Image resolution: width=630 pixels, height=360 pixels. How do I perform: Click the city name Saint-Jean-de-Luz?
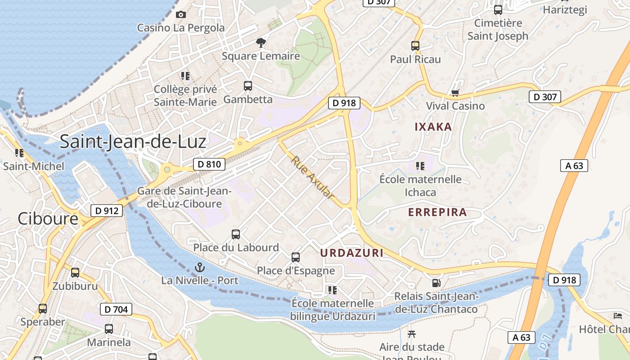pos(133,141)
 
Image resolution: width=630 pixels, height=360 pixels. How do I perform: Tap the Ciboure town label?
pos(48,219)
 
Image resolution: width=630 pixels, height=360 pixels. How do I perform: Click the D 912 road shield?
pos(107,210)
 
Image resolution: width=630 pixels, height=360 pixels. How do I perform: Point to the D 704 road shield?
pos(116,309)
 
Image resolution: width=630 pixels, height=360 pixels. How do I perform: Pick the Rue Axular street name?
pos(312,178)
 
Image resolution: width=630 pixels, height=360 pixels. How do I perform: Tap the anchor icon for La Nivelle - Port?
pos(199,268)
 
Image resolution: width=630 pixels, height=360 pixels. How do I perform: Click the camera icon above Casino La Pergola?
pos(181,14)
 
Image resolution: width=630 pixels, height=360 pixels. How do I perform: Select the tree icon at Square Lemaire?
pos(261,43)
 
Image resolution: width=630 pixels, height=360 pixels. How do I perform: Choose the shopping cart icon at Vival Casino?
pos(455,93)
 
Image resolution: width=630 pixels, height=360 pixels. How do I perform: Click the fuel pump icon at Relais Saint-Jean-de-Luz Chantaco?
pos(436,283)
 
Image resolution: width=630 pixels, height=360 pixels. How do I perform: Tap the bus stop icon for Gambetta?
pos(247,85)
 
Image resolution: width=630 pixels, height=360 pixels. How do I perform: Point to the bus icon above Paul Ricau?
pos(415,45)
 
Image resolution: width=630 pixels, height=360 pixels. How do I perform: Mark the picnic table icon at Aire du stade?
pos(411,334)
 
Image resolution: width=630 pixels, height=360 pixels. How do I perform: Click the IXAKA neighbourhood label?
pos(433,127)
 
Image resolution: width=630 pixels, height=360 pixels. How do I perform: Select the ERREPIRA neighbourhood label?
pos(437,212)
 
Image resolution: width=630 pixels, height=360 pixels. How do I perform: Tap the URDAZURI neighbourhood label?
pos(352,253)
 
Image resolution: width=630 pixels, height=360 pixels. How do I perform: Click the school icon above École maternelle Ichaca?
pos(420,166)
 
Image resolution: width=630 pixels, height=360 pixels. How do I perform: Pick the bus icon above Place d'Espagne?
pos(296,257)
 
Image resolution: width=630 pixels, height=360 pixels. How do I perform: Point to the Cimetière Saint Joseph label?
pos(498,29)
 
